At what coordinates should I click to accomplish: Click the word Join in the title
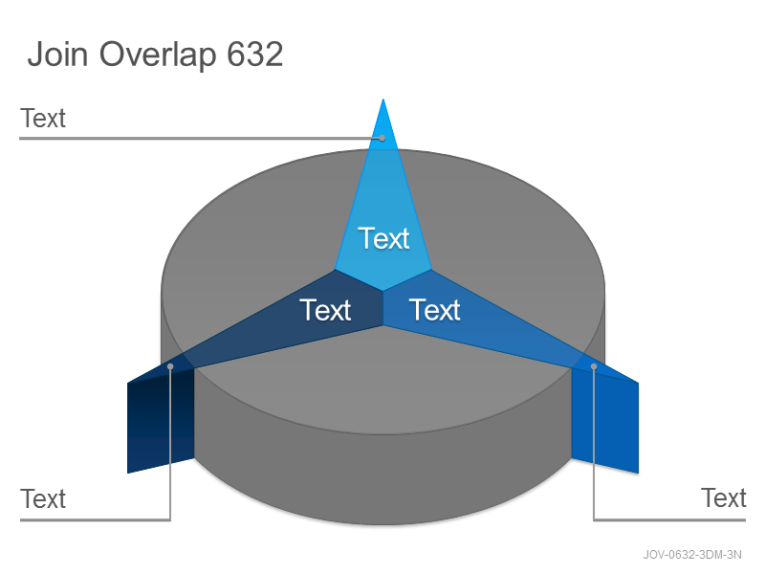(x=58, y=54)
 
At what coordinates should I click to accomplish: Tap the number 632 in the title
(x=254, y=55)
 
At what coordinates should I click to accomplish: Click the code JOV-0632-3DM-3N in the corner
(x=691, y=555)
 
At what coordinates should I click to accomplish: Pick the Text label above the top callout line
(x=43, y=118)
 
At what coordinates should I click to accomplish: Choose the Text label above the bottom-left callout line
(x=43, y=498)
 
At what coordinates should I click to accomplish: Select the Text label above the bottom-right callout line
(x=724, y=497)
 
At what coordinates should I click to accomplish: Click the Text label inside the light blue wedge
(x=384, y=238)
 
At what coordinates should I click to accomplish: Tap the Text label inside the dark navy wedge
(x=325, y=310)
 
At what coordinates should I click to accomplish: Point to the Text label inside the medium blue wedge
(x=435, y=310)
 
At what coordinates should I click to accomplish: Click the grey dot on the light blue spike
(x=382, y=139)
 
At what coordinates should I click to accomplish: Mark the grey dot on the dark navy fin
(x=170, y=366)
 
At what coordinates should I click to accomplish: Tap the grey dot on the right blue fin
(x=594, y=366)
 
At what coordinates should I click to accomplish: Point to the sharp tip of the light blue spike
(x=383, y=99)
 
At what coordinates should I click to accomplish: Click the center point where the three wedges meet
(x=383, y=292)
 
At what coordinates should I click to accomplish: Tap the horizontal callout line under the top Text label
(x=200, y=139)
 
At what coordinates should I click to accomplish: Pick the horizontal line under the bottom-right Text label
(x=669, y=519)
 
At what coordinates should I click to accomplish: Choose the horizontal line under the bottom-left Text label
(x=95, y=519)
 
